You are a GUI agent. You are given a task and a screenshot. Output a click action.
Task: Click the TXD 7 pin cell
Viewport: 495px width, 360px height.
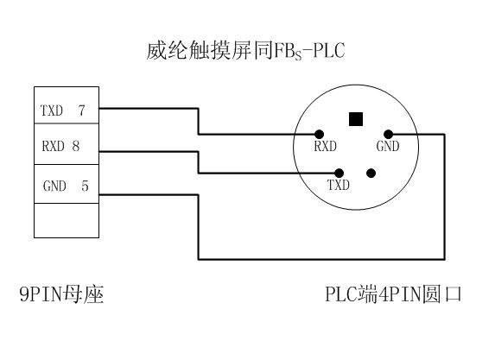pyautogui.click(x=66, y=110)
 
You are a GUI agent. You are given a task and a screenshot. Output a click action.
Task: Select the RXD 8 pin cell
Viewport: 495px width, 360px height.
pyautogui.click(x=66, y=146)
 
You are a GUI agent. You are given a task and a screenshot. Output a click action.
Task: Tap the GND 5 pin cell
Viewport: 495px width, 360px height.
pyautogui.click(x=66, y=185)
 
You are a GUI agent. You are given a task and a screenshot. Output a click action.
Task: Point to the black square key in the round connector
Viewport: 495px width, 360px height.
pyautogui.click(x=354, y=117)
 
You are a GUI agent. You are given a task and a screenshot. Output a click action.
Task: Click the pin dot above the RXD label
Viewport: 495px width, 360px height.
pyautogui.click(x=320, y=134)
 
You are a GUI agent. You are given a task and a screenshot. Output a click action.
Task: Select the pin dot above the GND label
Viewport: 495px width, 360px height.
pyautogui.click(x=388, y=134)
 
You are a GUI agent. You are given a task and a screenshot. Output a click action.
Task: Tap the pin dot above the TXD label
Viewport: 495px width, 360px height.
pyautogui.click(x=339, y=173)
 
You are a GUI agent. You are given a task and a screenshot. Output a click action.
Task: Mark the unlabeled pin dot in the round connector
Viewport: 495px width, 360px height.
pyautogui.click(x=371, y=173)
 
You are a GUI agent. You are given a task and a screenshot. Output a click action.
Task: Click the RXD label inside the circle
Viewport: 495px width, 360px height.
pyautogui.click(x=325, y=148)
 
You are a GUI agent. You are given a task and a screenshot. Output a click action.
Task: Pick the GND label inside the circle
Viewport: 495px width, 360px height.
pyautogui.click(x=388, y=148)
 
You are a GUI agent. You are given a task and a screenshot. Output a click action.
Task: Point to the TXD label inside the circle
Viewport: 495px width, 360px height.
pyautogui.click(x=338, y=186)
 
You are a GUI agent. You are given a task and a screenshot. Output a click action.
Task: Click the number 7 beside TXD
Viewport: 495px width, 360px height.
pyautogui.click(x=82, y=111)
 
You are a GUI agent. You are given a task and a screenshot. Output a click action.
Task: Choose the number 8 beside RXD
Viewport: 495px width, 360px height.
pyautogui.click(x=76, y=147)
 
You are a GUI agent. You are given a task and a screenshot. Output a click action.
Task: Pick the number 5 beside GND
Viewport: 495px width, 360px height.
pyautogui.click(x=84, y=185)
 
